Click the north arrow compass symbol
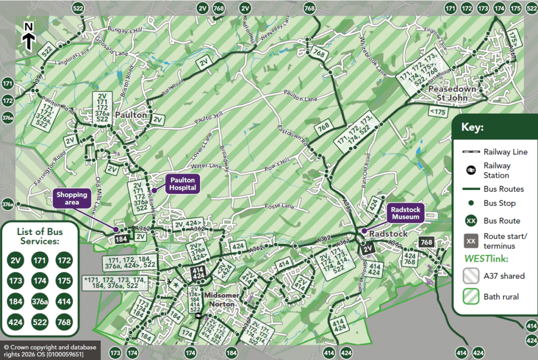click(29, 36)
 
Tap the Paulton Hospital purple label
click(182, 184)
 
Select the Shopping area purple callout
click(72, 199)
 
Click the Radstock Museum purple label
click(405, 213)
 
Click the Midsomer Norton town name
click(222, 299)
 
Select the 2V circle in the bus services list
click(16, 260)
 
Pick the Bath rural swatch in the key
click(471, 297)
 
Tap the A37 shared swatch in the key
click(471, 276)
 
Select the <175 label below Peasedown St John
click(437, 112)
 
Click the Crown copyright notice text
click(43, 351)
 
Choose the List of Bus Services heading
click(39, 236)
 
